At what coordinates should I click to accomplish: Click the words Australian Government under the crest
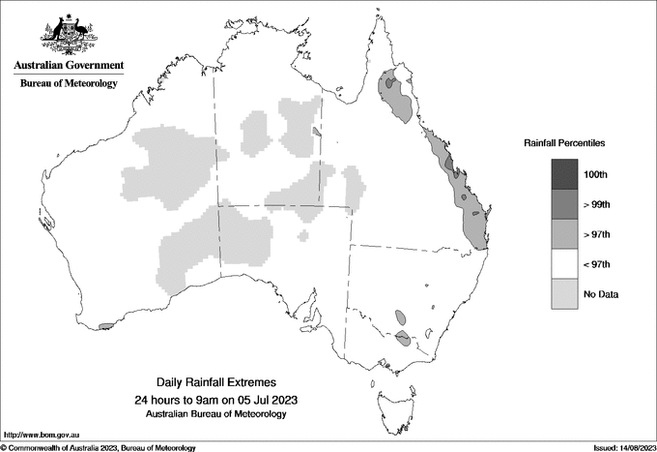click(x=68, y=66)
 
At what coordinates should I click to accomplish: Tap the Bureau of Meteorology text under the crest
click(x=68, y=84)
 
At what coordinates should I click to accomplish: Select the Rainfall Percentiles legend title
click(x=564, y=143)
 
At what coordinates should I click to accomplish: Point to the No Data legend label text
click(x=599, y=294)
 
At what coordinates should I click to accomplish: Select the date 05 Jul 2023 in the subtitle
click(x=256, y=400)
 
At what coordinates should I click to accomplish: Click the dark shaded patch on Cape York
click(x=389, y=84)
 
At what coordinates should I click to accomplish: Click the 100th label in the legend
click(x=597, y=174)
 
